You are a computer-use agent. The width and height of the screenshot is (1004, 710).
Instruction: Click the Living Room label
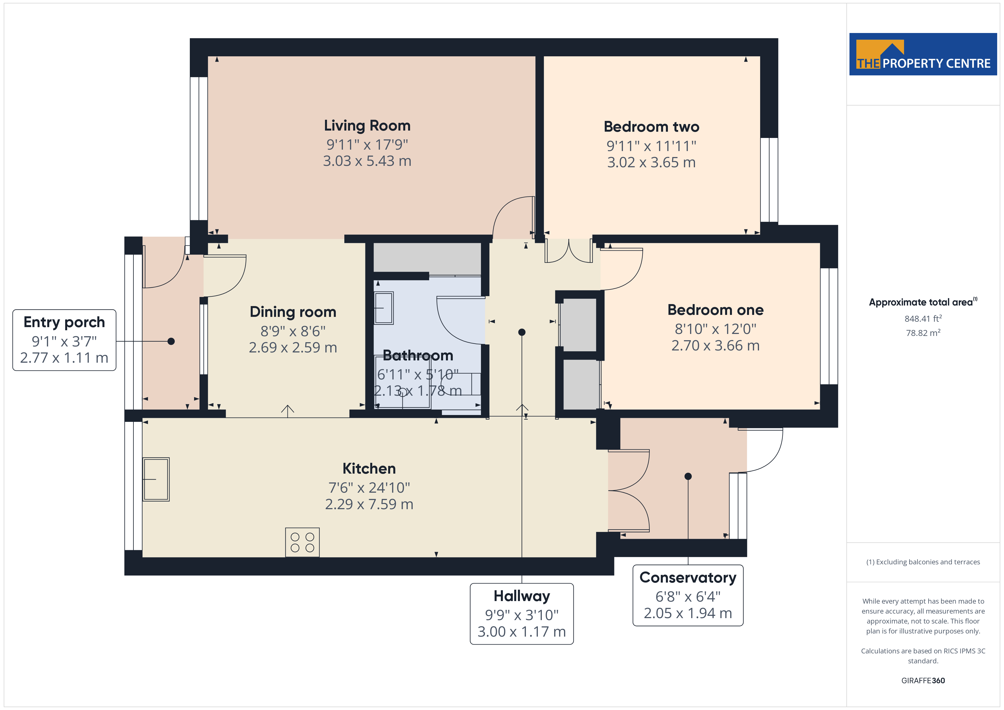(367, 126)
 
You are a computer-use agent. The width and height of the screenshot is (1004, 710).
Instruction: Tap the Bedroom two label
(651, 127)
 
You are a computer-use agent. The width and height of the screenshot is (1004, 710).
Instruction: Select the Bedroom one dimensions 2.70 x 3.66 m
(715, 346)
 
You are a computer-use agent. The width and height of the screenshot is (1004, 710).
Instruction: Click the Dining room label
(293, 312)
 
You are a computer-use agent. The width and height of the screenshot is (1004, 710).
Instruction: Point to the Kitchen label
(369, 469)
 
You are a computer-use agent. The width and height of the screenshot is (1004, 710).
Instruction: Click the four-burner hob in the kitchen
(302, 542)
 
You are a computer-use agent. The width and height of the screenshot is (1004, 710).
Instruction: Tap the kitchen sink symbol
(156, 479)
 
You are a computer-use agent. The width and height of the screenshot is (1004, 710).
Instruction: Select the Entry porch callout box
(64, 340)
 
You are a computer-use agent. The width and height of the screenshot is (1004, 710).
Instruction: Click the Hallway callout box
(522, 614)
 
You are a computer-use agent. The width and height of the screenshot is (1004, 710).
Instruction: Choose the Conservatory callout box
(688, 595)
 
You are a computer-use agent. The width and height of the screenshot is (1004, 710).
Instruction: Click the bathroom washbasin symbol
(384, 308)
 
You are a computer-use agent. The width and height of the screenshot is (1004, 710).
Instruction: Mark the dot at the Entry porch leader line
(171, 341)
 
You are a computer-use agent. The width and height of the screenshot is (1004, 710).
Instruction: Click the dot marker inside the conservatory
(688, 476)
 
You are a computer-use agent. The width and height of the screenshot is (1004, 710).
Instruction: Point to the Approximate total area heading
(923, 302)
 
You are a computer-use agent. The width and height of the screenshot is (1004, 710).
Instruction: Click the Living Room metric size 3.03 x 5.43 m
(367, 161)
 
